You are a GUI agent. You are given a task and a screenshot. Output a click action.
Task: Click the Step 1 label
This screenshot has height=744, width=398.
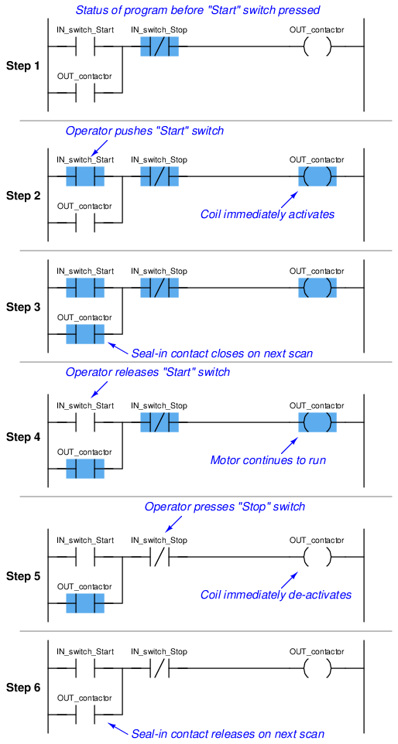(23, 67)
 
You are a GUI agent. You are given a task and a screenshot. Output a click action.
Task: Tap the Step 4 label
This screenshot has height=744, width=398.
(23, 437)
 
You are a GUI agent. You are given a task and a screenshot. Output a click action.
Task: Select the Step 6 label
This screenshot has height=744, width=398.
(23, 688)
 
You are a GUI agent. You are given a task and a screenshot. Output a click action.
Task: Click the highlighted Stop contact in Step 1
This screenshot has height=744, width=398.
(160, 47)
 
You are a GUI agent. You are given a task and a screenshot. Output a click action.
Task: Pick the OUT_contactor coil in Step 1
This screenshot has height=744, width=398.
(317, 47)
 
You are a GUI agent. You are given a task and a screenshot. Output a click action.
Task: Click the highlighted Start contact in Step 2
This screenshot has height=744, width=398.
(85, 176)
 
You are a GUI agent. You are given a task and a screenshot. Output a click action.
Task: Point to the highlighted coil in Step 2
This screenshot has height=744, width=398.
(317, 176)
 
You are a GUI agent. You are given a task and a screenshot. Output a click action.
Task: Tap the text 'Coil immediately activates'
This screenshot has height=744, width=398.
(268, 214)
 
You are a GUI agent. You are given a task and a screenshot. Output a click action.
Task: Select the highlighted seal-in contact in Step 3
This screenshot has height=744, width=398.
(85, 334)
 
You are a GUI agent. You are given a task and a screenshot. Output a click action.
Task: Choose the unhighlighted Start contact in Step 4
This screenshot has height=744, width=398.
(85, 421)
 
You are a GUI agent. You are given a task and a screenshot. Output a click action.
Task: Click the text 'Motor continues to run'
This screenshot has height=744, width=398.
(268, 460)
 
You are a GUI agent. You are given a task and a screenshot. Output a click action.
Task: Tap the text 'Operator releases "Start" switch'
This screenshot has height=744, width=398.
(148, 373)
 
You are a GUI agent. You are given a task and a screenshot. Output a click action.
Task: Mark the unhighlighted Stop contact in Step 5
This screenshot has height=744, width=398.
(160, 557)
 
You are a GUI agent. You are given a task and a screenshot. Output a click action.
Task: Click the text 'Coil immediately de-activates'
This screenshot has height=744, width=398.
(276, 595)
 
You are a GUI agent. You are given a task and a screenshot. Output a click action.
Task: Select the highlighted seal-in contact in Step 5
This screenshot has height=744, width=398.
(85, 603)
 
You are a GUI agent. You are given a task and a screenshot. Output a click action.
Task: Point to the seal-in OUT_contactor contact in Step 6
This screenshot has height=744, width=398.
(85, 714)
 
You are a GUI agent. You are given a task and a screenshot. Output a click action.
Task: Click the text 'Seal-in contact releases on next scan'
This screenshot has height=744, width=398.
(228, 734)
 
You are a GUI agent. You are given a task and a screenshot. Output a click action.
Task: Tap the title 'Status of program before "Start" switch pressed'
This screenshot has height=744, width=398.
(198, 9)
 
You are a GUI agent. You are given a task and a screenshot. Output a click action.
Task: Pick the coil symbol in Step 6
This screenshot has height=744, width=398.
(317, 670)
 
